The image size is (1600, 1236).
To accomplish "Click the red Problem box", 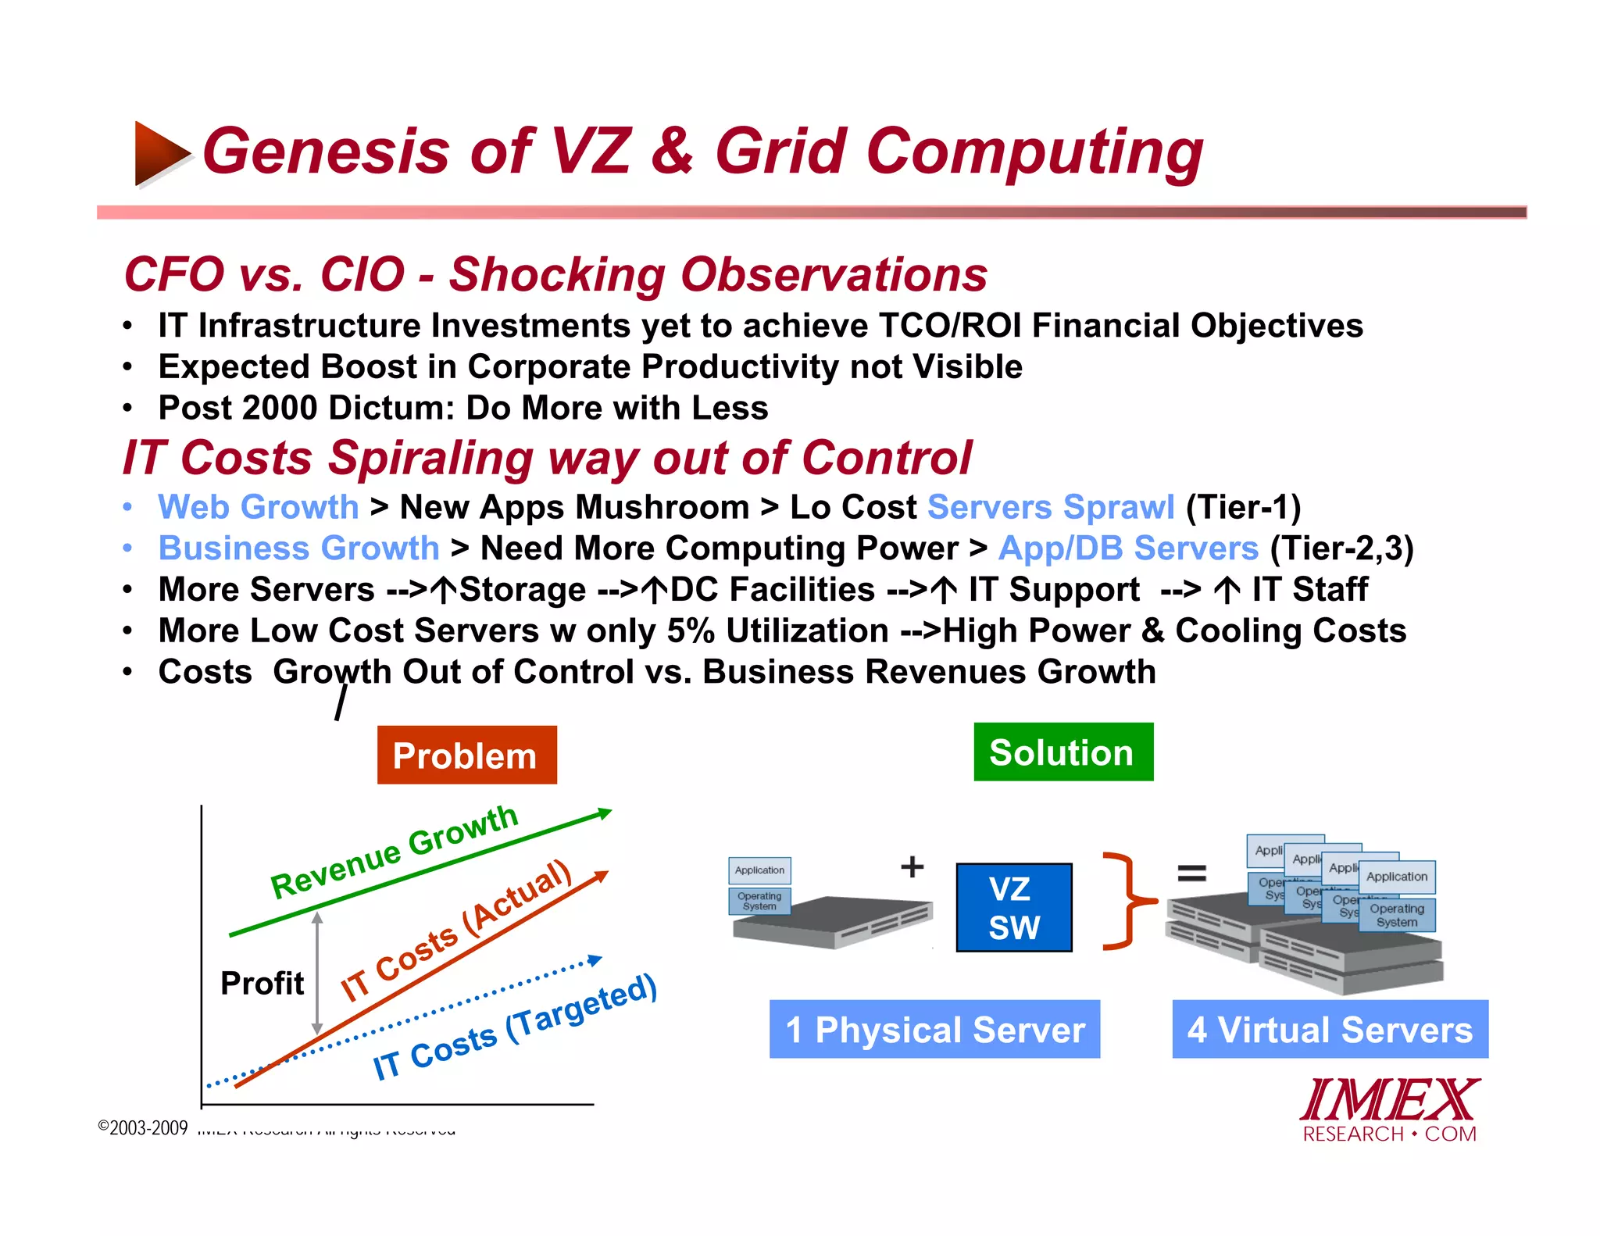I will [x=466, y=755].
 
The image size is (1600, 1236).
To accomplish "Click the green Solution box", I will [x=1062, y=752].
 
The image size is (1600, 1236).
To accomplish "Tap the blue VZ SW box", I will [x=1013, y=907].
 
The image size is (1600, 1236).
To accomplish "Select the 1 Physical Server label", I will [x=934, y=1029].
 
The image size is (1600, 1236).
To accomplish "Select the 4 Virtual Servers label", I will [x=1330, y=1029].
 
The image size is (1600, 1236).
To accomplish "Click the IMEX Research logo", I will [x=1389, y=1109].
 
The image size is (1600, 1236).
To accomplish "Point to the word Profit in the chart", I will [x=262, y=983].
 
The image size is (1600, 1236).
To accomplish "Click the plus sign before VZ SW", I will [x=912, y=866].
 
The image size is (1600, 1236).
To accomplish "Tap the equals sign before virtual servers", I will [x=1191, y=872].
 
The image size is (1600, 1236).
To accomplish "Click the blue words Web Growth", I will [x=258, y=507].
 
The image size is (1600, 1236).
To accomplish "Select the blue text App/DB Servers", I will [x=1128, y=548].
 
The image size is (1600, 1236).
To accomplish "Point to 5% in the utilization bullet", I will [x=690, y=631].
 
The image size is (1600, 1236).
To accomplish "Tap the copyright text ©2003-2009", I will [x=143, y=1127].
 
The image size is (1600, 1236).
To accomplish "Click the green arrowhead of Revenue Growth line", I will [x=604, y=813].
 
